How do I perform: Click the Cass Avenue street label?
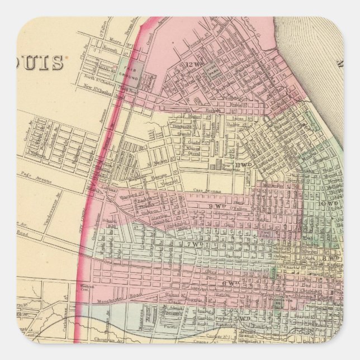click(x=202, y=191)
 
